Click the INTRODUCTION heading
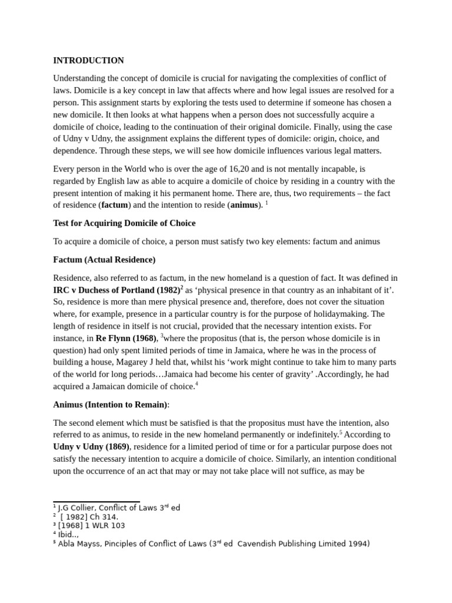pos(88,60)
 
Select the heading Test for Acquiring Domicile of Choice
pos(124,223)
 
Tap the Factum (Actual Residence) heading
pos(104,260)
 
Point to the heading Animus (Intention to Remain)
pos(111,405)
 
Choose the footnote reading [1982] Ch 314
pos(89,516)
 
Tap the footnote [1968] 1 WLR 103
pos(91,525)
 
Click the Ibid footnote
pos(68,535)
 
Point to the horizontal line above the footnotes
pos(96,502)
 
